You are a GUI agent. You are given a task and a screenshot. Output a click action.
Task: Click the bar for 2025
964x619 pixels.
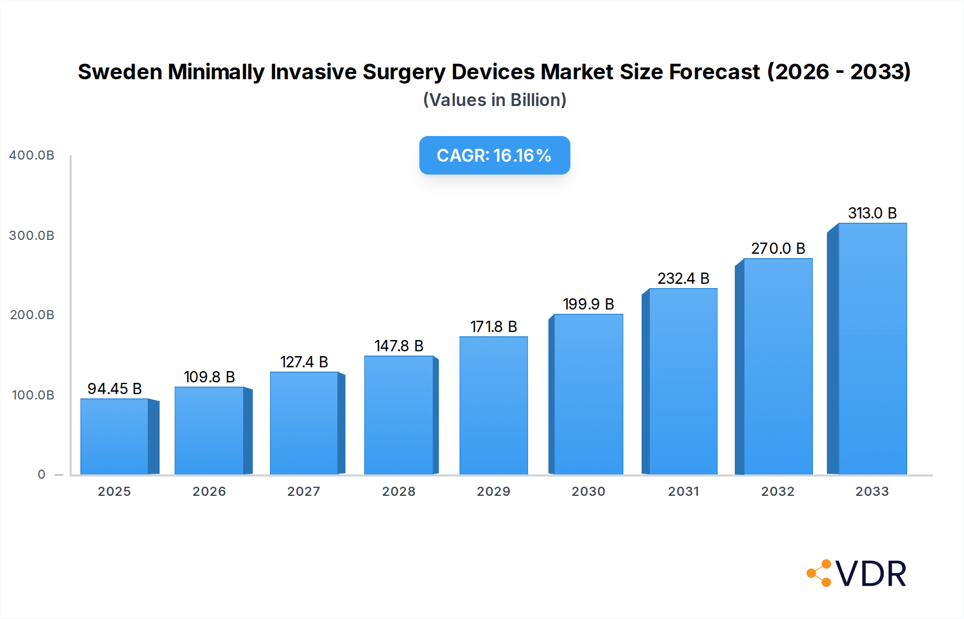(x=115, y=436)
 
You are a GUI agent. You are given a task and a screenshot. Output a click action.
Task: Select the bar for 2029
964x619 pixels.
(x=494, y=405)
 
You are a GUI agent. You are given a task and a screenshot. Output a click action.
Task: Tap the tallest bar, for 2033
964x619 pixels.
(x=872, y=349)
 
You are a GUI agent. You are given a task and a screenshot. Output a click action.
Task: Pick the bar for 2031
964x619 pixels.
(x=683, y=381)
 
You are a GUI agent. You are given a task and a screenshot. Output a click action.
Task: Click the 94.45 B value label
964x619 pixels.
(x=115, y=389)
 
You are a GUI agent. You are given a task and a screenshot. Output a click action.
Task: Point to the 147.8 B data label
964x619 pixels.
(x=399, y=346)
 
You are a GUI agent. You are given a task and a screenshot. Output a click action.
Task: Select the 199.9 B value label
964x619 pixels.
(x=588, y=304)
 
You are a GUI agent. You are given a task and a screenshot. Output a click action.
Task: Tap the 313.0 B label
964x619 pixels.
(x=872, y=213)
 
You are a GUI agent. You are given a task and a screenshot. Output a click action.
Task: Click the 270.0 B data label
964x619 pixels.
(x=778, y=248)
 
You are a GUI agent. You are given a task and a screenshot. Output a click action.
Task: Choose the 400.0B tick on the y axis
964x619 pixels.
(x=32, y=155)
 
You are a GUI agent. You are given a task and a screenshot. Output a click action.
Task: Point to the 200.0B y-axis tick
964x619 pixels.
(x=32, y=315)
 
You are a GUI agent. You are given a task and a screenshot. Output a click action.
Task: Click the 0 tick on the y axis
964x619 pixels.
(x=42, y=474)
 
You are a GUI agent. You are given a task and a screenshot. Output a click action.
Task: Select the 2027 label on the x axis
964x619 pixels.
(x=304, y=492)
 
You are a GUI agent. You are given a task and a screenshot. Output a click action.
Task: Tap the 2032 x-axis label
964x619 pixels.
(x=778, y=492)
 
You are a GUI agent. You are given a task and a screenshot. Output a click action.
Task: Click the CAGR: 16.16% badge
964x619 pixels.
(x=494, y=155)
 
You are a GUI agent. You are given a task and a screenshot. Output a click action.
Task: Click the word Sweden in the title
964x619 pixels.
(x=119, y=72)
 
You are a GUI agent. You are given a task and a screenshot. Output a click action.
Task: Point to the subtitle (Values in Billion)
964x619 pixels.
(x=494, y=100)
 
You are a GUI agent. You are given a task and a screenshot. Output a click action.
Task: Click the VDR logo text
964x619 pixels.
(x=871, y=574)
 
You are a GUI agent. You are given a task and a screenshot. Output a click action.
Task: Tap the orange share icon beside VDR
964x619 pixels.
(x=819, y=573)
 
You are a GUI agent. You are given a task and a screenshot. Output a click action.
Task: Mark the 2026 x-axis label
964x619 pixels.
(x=209, y=492)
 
